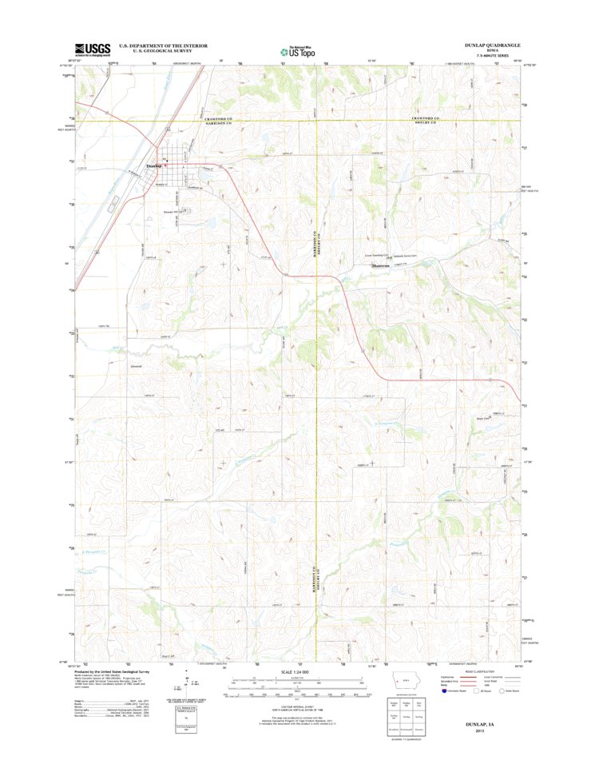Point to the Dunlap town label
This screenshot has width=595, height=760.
(153, 165)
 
